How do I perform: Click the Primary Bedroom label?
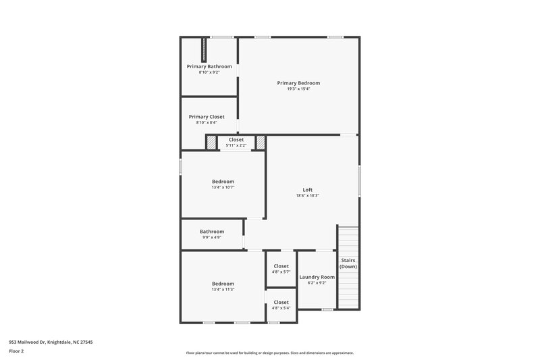click(298, 83)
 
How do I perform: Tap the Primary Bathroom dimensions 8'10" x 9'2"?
click(209, 72)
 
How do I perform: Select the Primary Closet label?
click(207, 117)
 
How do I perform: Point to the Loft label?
click(307, 190)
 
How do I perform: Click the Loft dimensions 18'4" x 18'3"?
click(307, 196)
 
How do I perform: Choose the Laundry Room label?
click(317, 277)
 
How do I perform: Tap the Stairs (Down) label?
click(348, 263)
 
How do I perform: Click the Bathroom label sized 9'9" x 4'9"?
click(212, 232)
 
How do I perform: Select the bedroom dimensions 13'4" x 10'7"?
click(223, 187)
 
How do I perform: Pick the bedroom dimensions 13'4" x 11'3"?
click(223, 290)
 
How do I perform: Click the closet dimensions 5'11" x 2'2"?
click(236, 145)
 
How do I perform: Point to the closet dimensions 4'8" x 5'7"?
click(281, 272)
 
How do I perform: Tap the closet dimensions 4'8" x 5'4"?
click(281, 308)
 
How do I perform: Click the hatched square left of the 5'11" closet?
click(211, 143)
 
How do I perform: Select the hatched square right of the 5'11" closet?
click(261, 143)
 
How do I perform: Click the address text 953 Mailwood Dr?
click(51, 342)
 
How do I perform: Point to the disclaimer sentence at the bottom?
click(270, 353)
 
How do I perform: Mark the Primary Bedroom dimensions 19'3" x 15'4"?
click(298, 88)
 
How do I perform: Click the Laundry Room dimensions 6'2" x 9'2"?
click(317, 283)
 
